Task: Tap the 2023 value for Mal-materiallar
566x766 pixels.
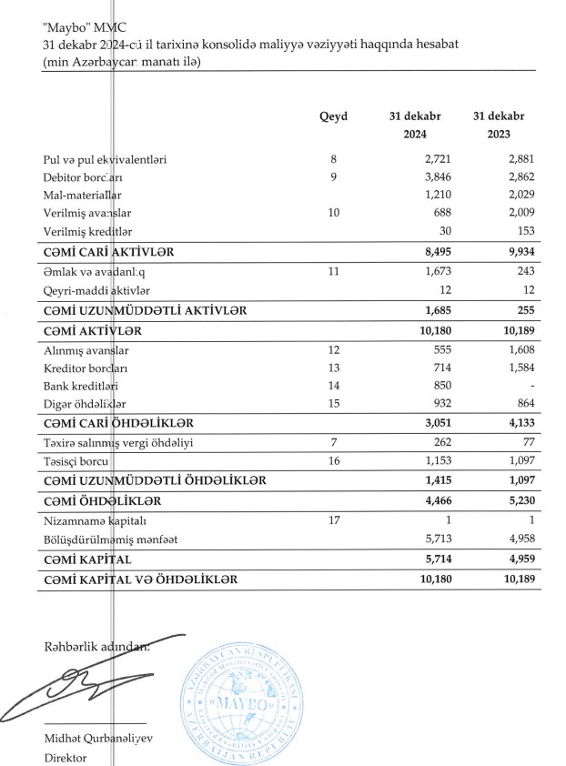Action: [515, 195]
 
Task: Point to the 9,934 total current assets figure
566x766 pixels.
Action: [512, 250]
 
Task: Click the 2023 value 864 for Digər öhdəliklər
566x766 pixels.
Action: [521, 402]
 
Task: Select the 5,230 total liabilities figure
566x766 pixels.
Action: [514, 500]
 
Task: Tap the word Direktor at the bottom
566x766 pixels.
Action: [66, 757]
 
